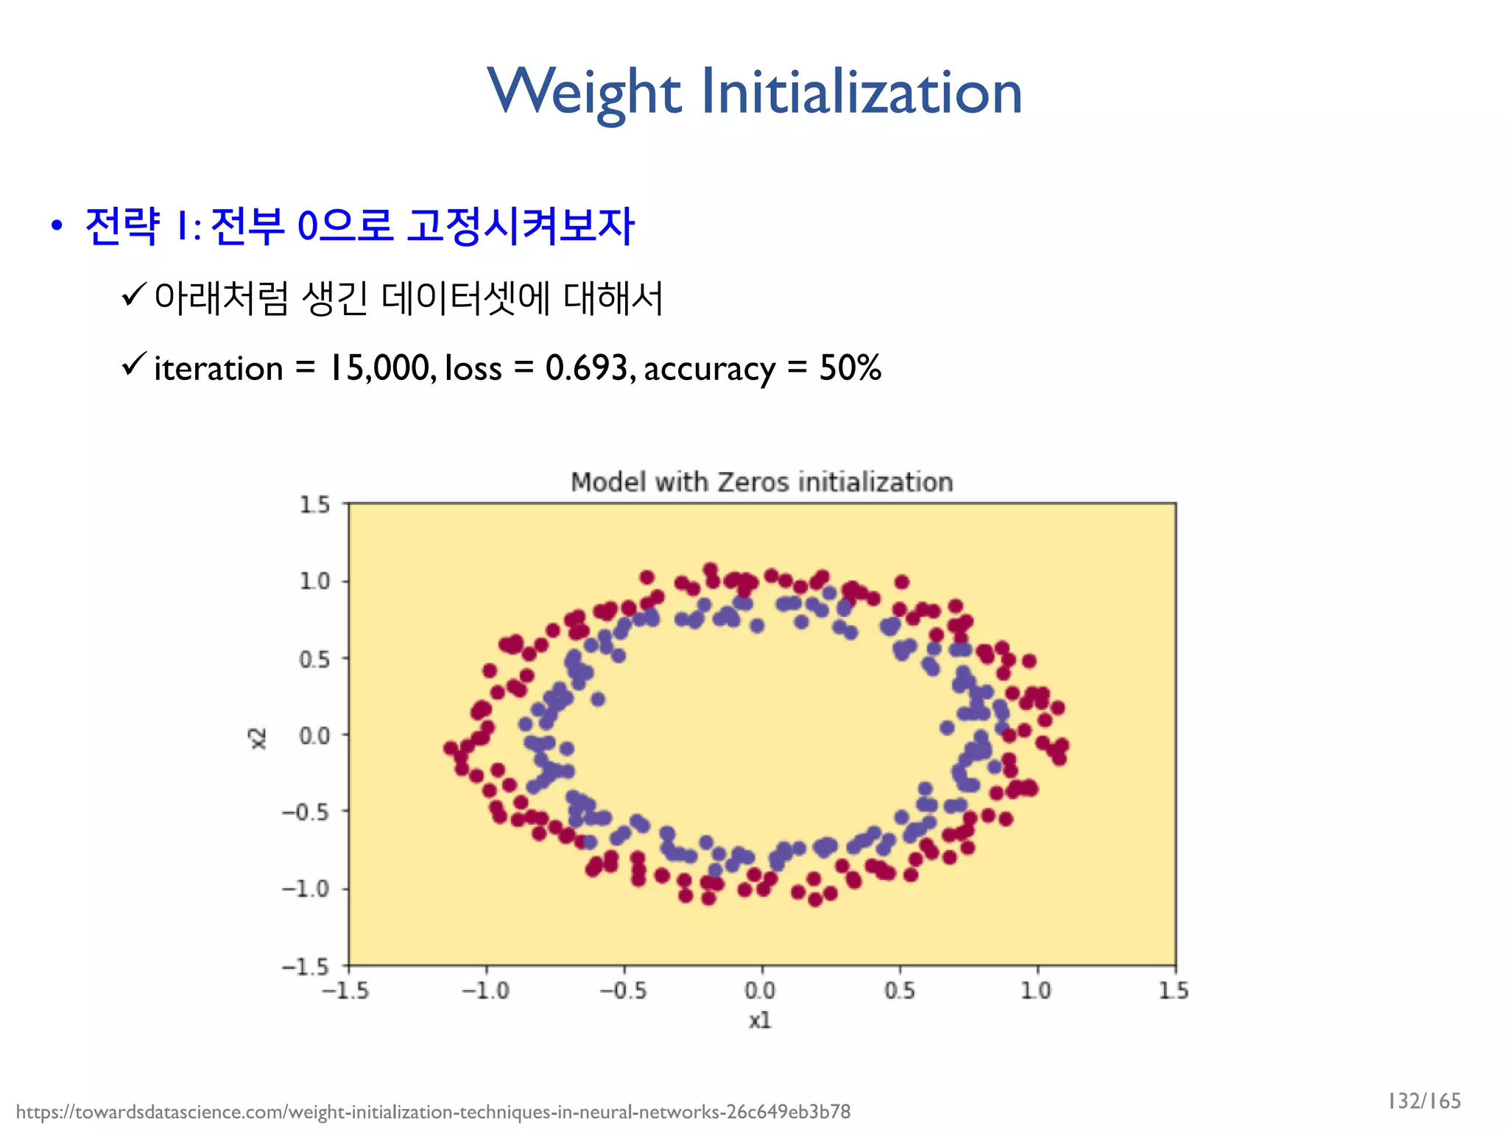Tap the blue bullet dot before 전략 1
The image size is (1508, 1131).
click(57, 226)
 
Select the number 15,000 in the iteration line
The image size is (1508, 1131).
click(382, 367)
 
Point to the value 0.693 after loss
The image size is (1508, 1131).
click(585, 367)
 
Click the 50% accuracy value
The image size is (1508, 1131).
click(850, 367)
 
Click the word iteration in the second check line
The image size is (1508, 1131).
click(218, 368)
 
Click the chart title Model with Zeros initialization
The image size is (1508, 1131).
click(761, 482)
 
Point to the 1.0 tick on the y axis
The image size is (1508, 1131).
click(314, 581)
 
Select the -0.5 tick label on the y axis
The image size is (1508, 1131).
click(306, 812)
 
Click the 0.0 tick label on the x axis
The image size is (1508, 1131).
click(760, 990)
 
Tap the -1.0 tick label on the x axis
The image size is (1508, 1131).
click(485, 990)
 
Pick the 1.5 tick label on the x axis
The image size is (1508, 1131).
click(1174, 990)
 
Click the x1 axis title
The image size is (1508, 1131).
click(760, 1020)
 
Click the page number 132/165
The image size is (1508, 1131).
click(1424, 1101)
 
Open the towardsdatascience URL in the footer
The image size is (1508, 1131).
click(433, 1111)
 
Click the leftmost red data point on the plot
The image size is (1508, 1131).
click(451, 748)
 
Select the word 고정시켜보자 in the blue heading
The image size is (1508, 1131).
click(520, 226)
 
